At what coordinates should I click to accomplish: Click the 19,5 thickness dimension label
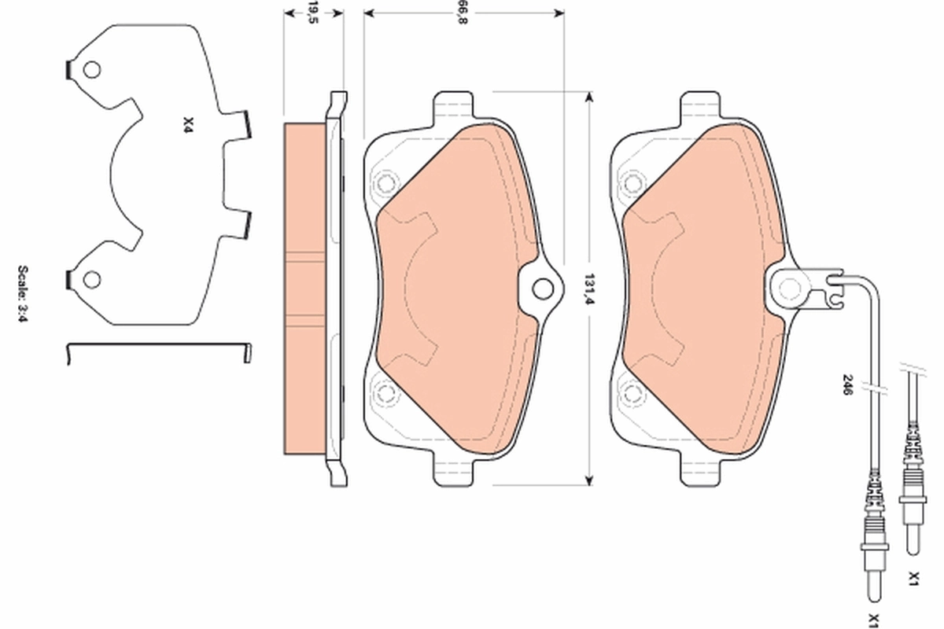pyautogui.click(x=312, y=13)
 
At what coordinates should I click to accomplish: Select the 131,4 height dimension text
pyautogui.click(x=587, y=288)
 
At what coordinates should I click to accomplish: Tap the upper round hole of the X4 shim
pyautogui.click(x=91, y=70)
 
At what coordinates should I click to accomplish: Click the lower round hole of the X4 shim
pyautogui.click(x=92, y=278)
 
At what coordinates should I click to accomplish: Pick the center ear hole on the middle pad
pyautogui.click(x=542, y=289)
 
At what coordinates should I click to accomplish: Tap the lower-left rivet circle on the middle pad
pyautogui.click(x=385, y=392)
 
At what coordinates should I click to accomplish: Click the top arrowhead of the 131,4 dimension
pyautogui.click(x=587, y=96)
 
